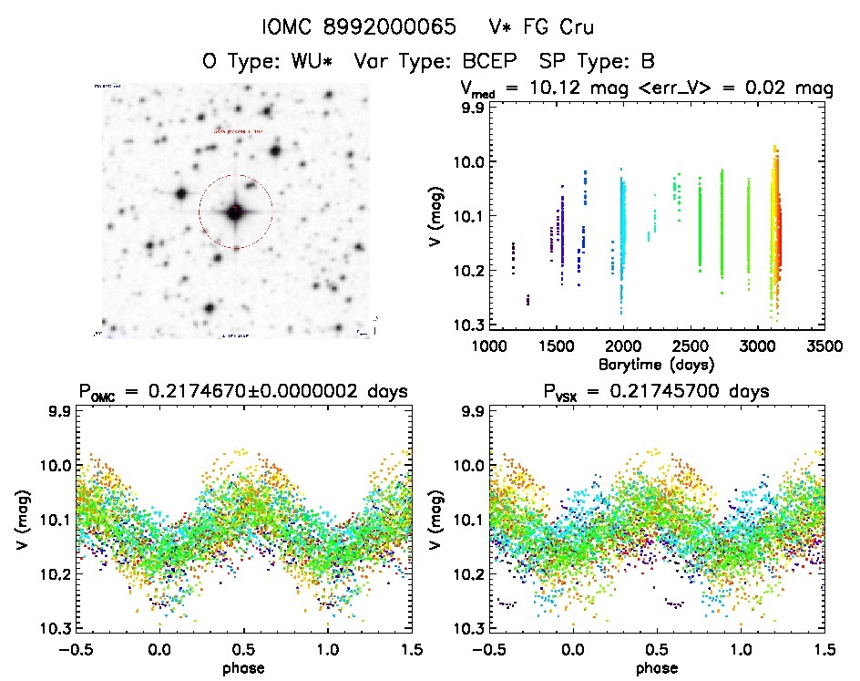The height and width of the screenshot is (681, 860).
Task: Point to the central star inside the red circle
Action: coord(235,212)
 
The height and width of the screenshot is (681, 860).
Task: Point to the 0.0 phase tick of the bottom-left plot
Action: coord(160,650)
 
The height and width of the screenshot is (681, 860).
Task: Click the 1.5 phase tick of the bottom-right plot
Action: coord(824,650)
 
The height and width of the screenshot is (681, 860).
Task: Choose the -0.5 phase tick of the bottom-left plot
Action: coord(74,650)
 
